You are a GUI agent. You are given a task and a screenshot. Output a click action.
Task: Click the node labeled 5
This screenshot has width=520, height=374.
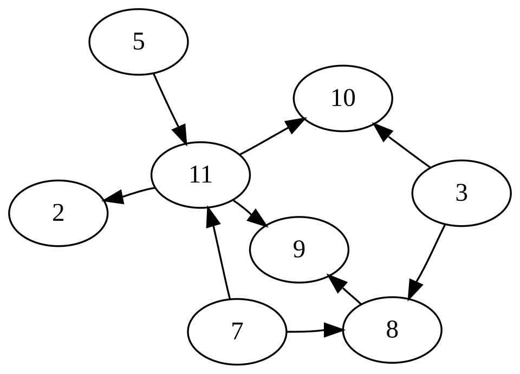(139, 42)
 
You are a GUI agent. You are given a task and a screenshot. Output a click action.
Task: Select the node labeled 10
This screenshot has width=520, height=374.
(343, 99)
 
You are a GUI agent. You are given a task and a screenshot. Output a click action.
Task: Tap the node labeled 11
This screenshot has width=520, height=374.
(200, 175)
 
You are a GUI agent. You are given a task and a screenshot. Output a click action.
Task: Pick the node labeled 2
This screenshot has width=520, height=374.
(58, 213)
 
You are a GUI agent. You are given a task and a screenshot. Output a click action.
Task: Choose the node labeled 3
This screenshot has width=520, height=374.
(461, 193)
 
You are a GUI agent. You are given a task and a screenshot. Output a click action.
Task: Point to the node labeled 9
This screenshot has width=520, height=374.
(299, 250)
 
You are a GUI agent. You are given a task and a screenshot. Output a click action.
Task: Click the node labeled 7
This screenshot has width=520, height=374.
(237, 332)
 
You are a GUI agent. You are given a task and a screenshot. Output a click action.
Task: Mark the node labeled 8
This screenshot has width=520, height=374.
(392, 330)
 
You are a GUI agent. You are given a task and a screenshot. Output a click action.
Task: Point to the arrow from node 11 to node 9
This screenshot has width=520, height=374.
(251, 213)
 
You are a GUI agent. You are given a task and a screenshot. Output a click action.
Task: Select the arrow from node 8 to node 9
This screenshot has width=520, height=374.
(344, 288)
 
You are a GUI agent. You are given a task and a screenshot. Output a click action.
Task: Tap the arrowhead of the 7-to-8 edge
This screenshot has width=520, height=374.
(333, 330)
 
